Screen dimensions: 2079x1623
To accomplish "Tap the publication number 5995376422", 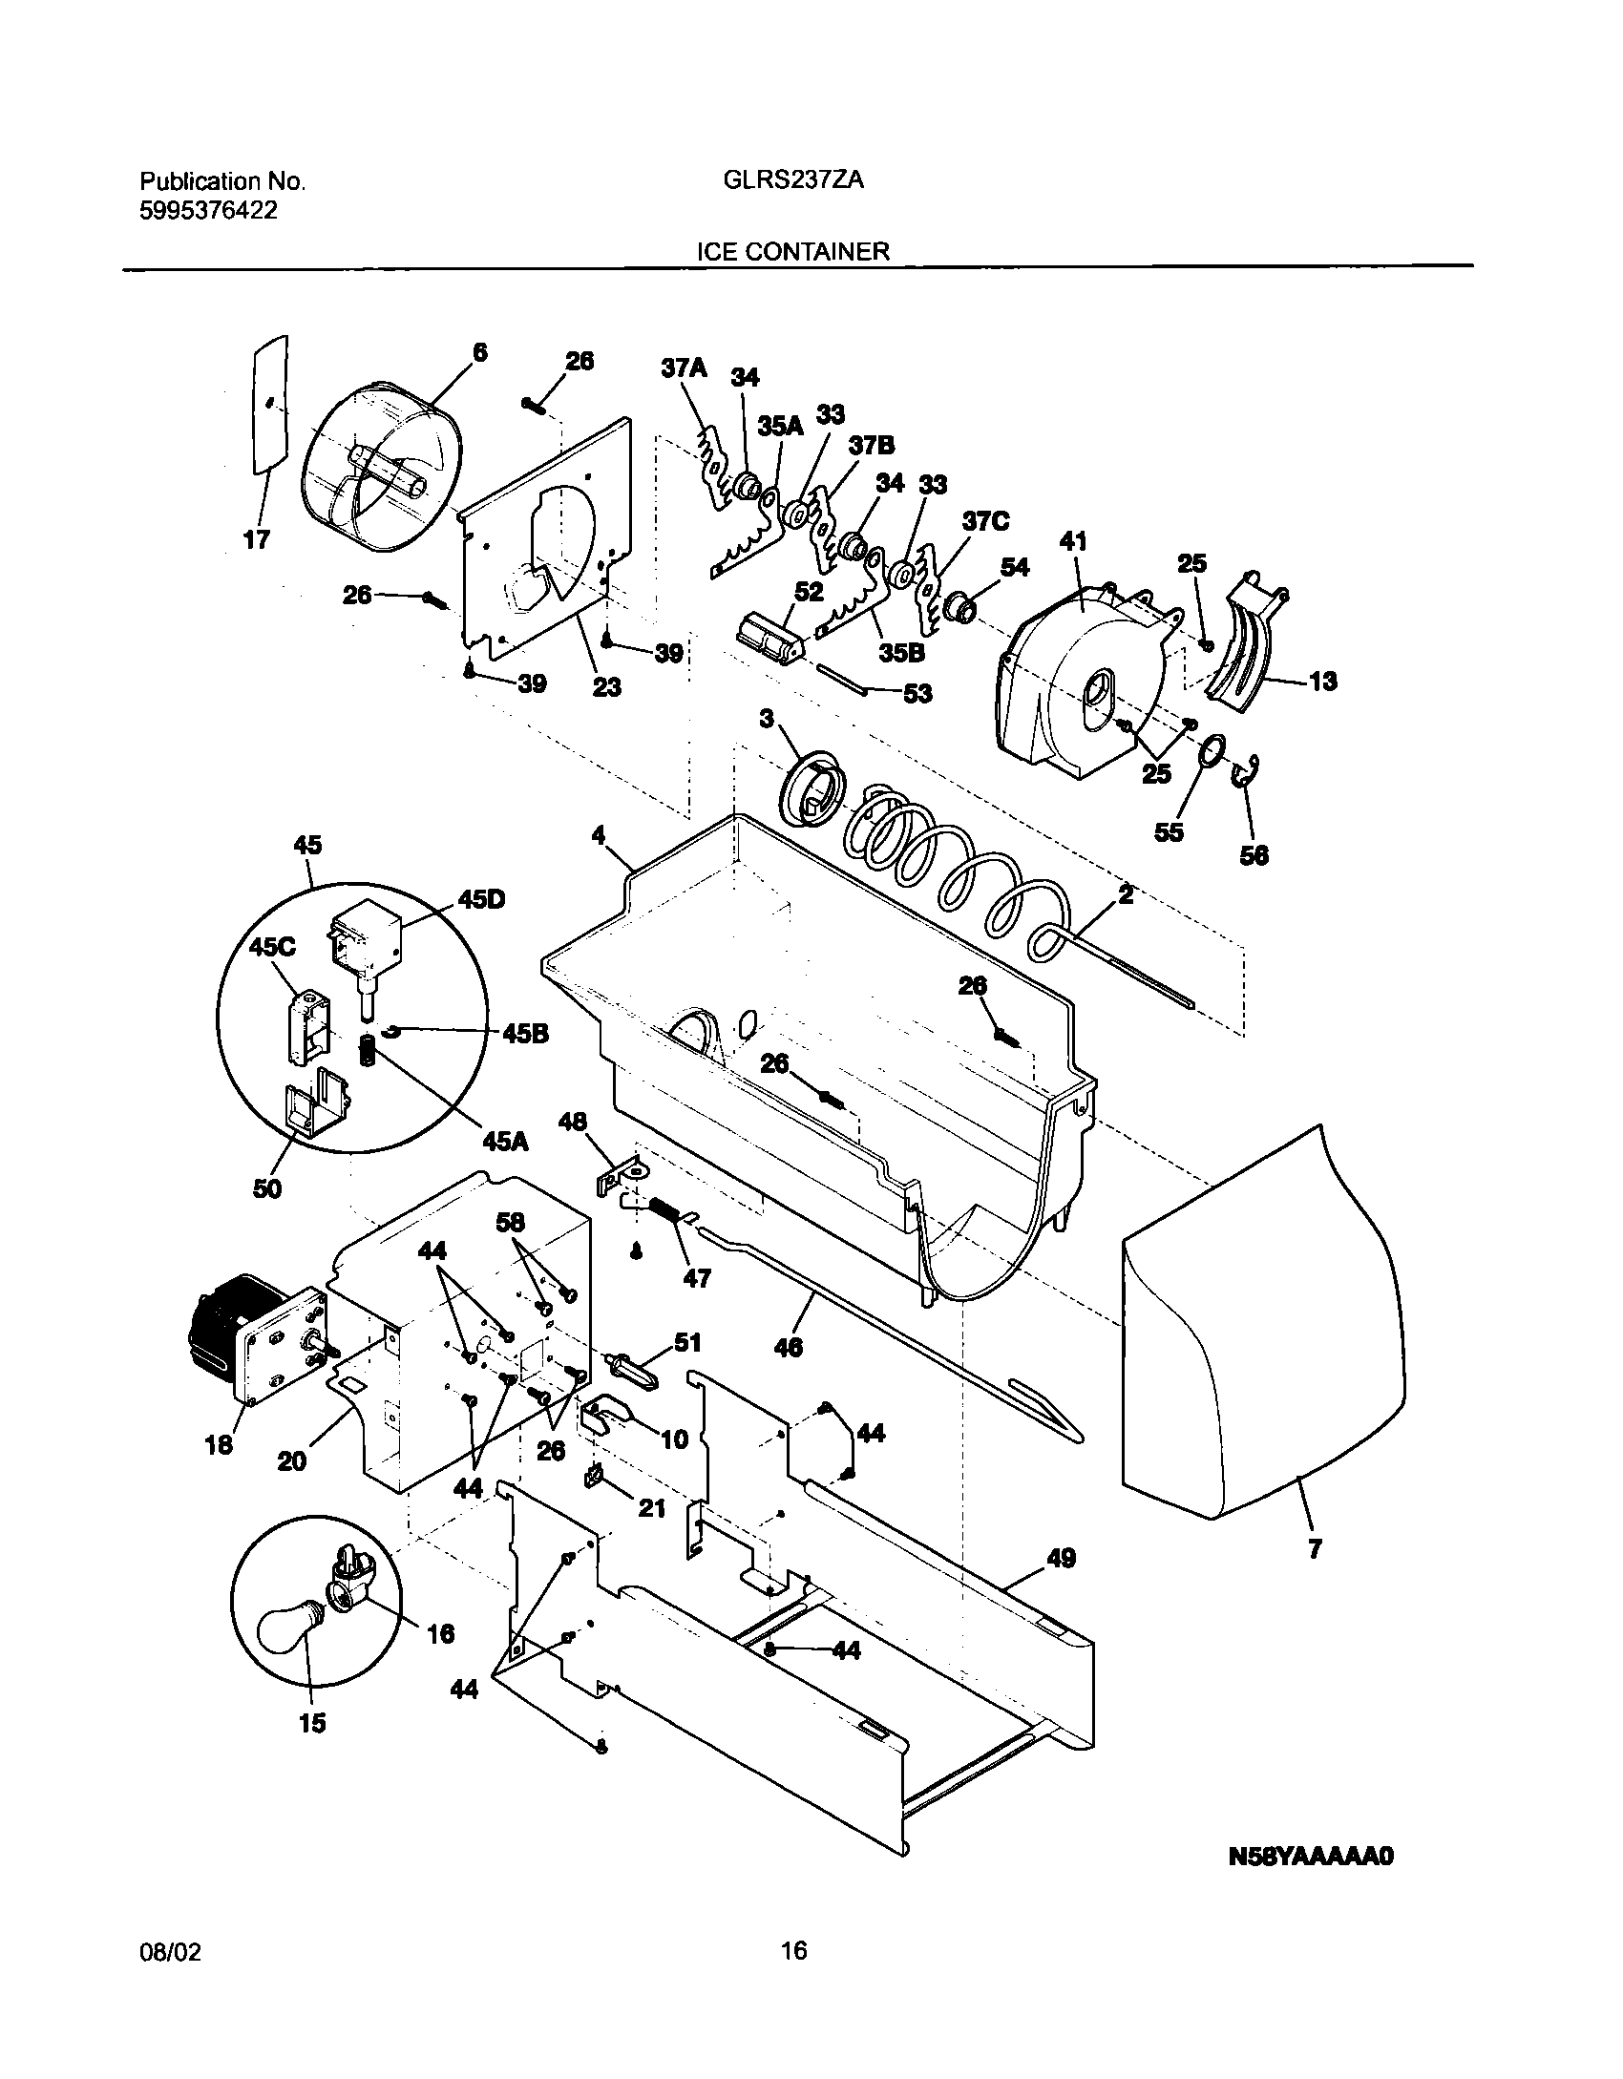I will [209, 211].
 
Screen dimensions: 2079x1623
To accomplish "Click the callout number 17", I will [256, 540].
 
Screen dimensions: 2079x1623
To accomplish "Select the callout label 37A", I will [684, 367].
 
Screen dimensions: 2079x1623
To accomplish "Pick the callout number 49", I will [1061, 1558].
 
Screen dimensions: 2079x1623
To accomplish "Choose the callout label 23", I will [606, 686].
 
